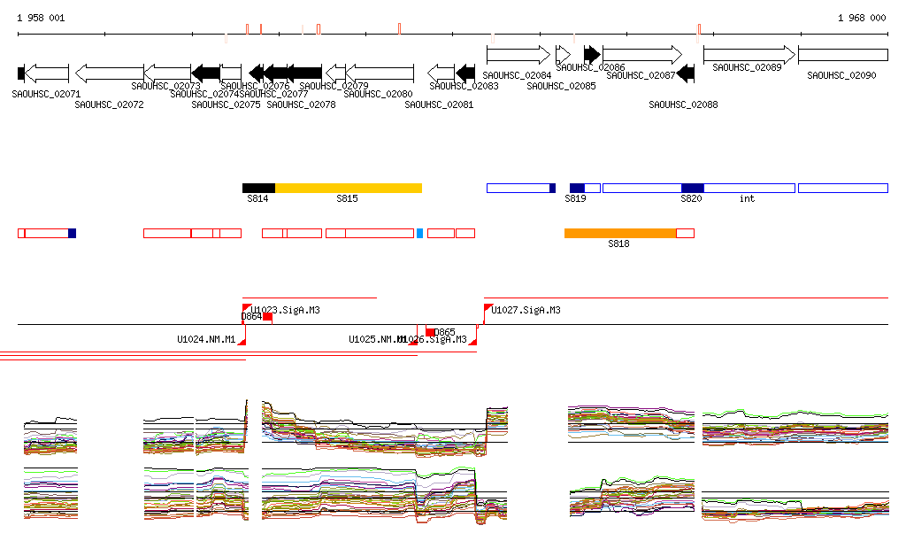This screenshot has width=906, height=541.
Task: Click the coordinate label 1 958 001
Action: pyautogui.click(x=41, y=18)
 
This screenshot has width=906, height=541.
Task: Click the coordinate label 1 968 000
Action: pyautogui.click(x=862, y=18)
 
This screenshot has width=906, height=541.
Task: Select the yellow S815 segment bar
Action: pyautogui.click(x=349, y=188)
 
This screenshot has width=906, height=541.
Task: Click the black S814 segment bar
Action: pyautogui.click(x=258, y=188)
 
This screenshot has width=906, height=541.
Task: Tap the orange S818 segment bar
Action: pyautogui.click(x=620, y=233)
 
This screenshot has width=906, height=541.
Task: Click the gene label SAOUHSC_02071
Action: pyautogui.click(x=46, y=94)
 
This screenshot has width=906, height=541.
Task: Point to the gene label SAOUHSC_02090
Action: pyautogui.click(x=841, y=76)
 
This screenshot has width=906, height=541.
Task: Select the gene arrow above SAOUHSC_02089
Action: pyautogui.click(x=749, y=55)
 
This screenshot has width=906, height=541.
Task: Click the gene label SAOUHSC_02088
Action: pyautogui.click(x=683, y=104)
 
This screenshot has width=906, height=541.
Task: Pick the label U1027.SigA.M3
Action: pyautogui.click(x=526, y=311)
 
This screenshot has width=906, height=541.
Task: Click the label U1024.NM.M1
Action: pyautogui.click(x=206, y=339)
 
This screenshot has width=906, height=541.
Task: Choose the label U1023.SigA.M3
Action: pyautogui.click(x=285, y=311)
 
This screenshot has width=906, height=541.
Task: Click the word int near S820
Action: pyautogui.click(x=748, y=199)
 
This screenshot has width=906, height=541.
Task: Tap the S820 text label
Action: pyautogui.click(x=691, y=199)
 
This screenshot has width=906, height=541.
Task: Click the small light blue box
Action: pyautogui.click(x=419, y=233)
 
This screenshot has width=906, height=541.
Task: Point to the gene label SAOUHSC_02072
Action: pyautogui.click(x=109, y=104)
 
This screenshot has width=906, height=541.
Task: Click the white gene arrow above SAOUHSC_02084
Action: pyautogui.click(x=518, y=55)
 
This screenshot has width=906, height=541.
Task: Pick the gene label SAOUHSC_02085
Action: pyautogui.click(x=561, y=86)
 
